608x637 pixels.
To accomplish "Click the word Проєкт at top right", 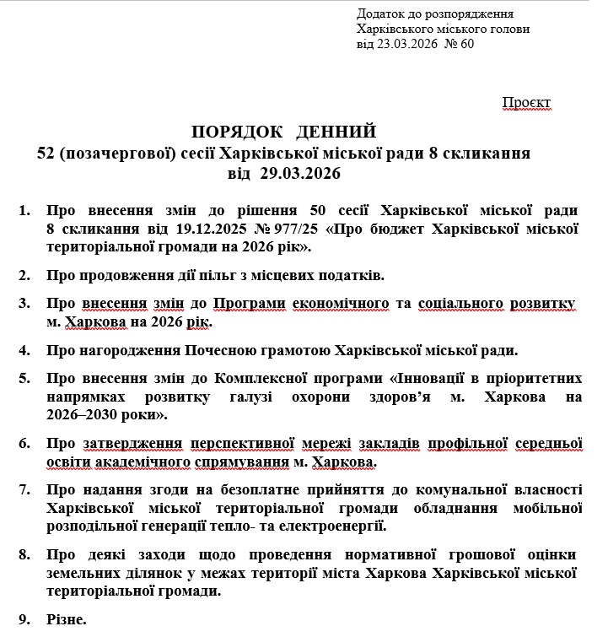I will [526, 103].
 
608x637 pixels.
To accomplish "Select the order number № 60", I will [460, 45].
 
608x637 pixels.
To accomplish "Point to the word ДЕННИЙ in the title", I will [336, 132].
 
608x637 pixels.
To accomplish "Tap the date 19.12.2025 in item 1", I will [200, 228].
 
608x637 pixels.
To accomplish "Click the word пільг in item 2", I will [212, 275].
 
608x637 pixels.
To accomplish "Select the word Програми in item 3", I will [249, 303].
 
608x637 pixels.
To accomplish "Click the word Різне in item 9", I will [66, 620].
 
